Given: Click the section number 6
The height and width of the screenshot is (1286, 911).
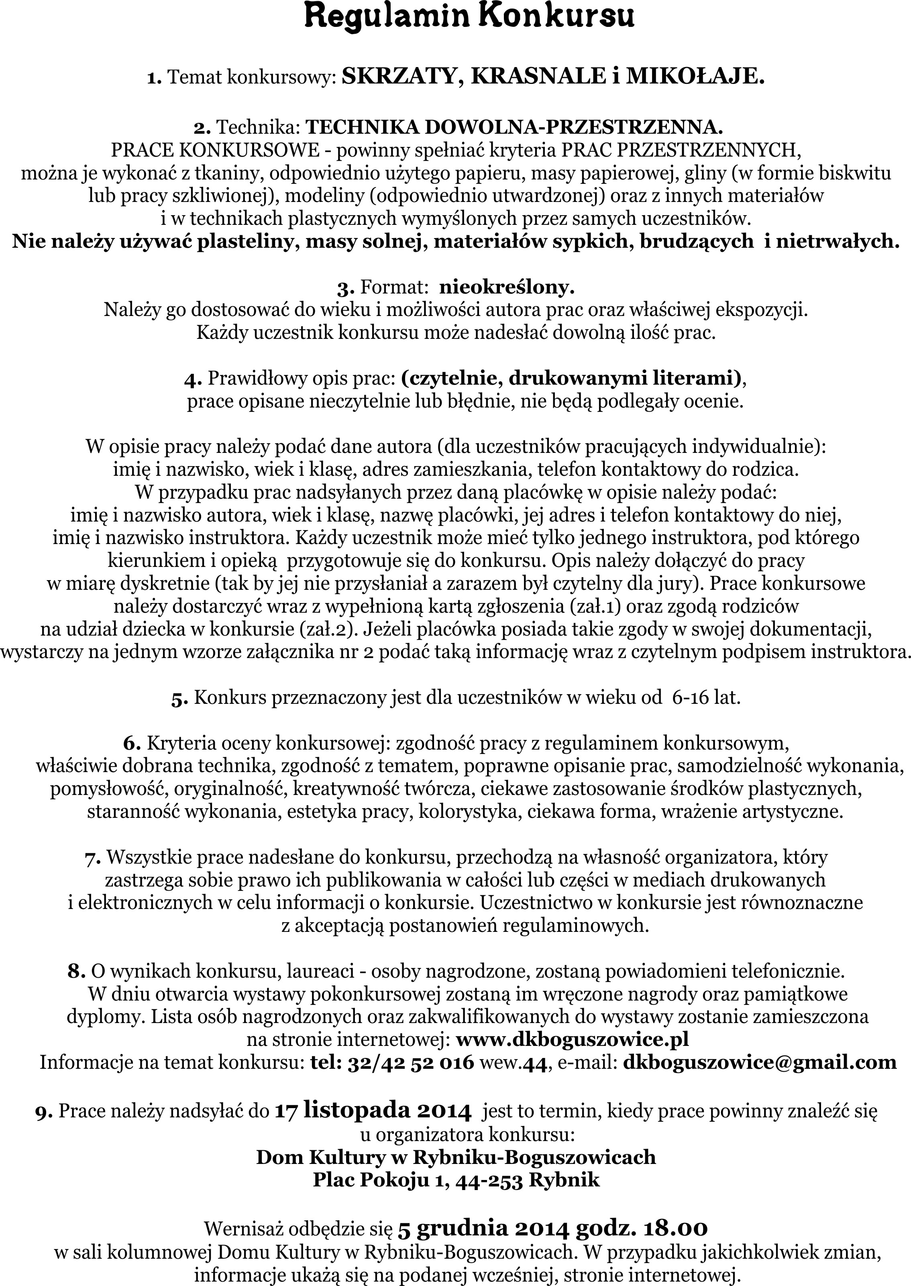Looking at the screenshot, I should point(131,744).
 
